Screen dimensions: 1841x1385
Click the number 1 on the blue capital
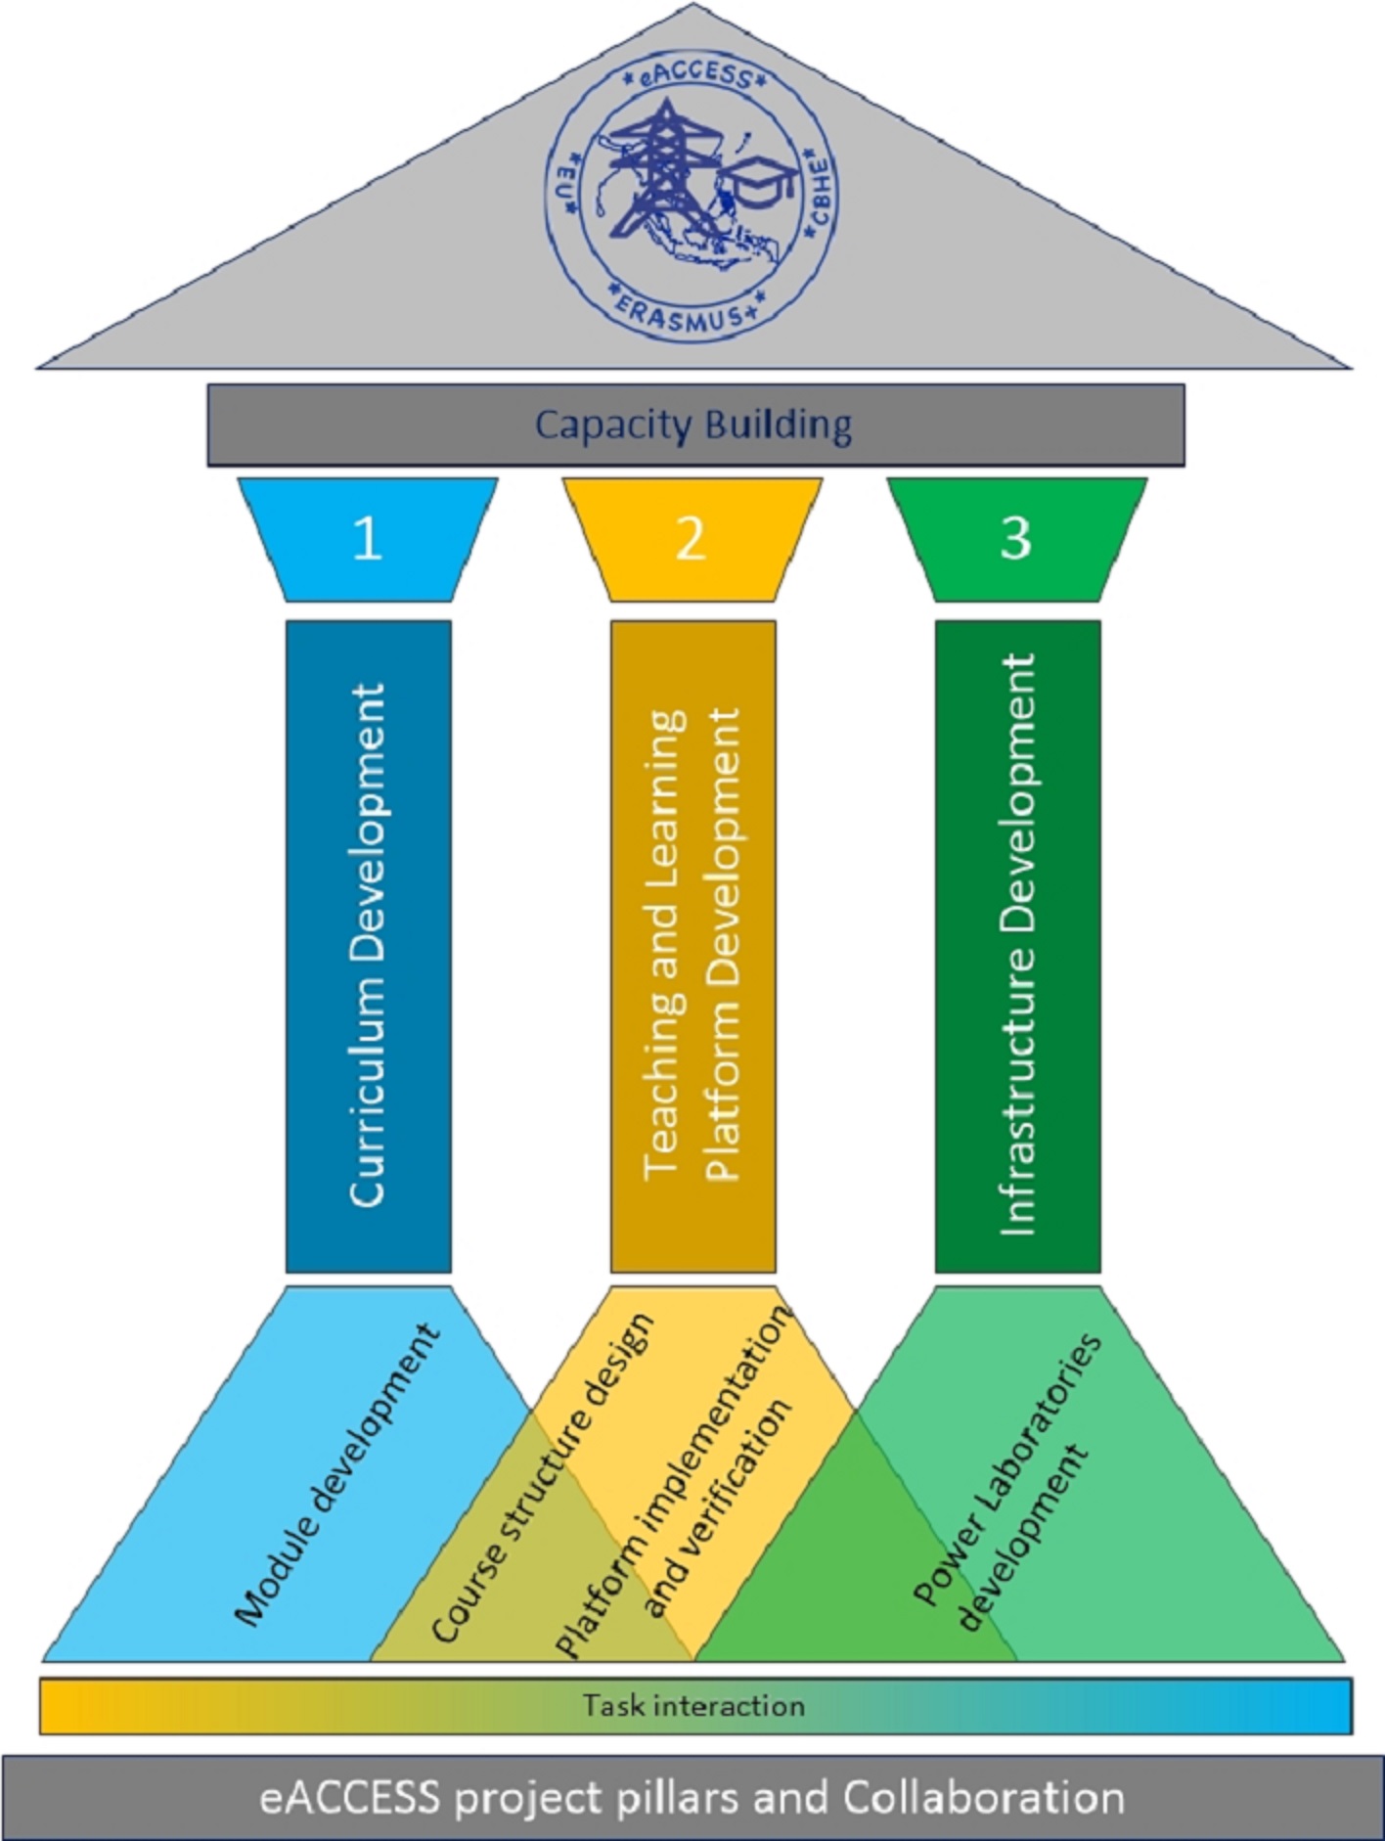click(367, 538)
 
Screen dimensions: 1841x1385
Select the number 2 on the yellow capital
click(691, 538)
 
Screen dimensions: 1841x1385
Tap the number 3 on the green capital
click(1015, 538)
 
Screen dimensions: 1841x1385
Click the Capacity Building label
click(693, 426)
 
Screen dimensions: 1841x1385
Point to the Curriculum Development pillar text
click(368, 945)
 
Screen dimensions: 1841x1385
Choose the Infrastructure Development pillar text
click(1018, 945)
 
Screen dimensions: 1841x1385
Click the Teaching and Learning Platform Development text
click(693, 945)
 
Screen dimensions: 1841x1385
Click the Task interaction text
click(693, 1706)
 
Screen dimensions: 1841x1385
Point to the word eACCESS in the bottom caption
click(349, 1798)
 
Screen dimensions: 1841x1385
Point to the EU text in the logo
click(565, 186)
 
